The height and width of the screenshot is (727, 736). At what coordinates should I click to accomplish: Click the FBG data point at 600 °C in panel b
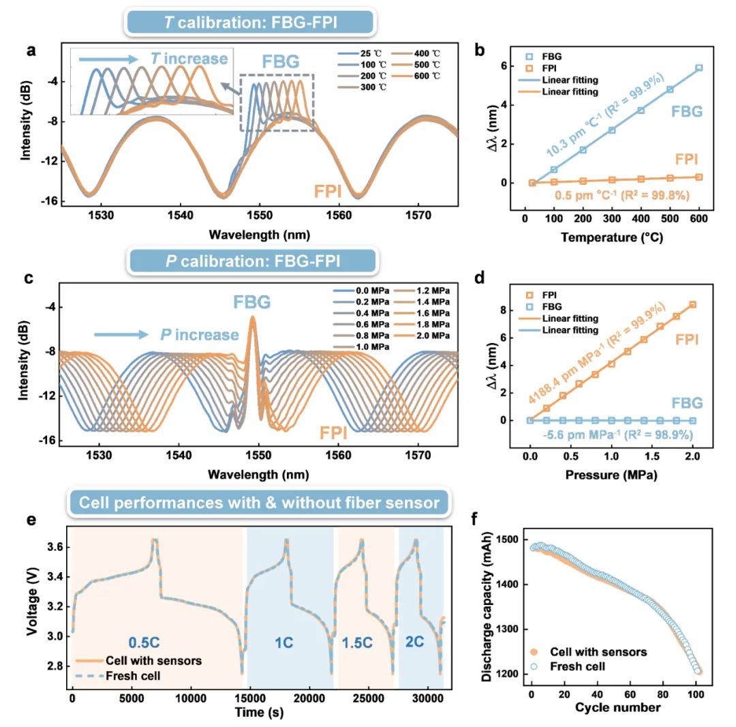[699, 68]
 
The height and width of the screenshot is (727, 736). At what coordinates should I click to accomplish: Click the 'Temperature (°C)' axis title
[611, 237]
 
